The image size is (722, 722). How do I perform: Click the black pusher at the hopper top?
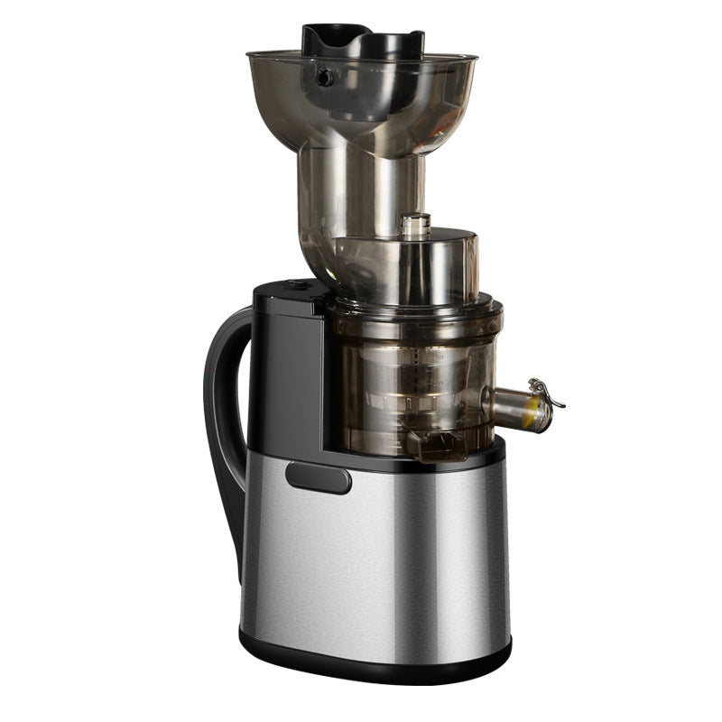click(361, 41)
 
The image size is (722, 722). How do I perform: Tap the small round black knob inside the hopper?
click(325, 79)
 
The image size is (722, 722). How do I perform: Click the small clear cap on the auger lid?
click(415, 226)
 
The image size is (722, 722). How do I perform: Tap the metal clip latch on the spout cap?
click(546, 391)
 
